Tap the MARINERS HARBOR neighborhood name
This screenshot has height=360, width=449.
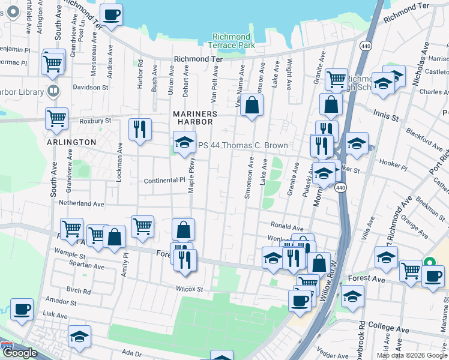pos(193,117)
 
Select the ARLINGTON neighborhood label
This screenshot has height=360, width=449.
pos(71,142)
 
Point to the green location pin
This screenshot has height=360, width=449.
pos(430,262)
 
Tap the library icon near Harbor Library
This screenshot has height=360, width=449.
pos(53,92)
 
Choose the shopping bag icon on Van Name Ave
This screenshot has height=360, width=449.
pos(253,105)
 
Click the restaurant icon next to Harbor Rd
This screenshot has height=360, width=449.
pos(140,129)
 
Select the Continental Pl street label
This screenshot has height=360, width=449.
pos(164,181)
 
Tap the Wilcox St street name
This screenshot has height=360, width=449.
pos(189,289)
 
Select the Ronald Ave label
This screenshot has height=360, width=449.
pos(287,227)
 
